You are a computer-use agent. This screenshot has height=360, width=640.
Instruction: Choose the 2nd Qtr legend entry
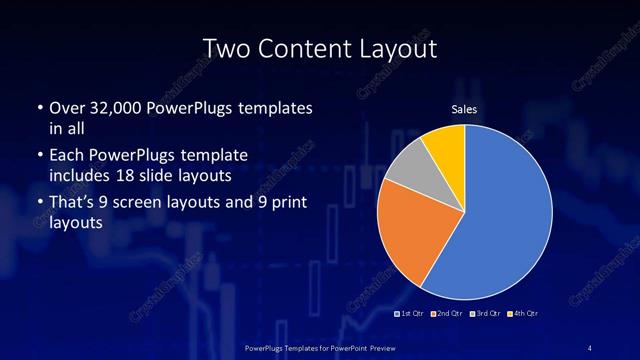tap(449, 314)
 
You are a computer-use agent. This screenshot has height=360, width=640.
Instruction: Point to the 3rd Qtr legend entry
tap(486, 314)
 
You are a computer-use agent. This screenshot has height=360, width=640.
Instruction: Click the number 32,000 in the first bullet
tap(119, 107)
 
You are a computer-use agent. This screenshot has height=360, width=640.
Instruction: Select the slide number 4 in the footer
tap(590, 347)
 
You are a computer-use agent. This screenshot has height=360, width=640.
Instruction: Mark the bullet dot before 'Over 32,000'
tap(38, 107)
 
